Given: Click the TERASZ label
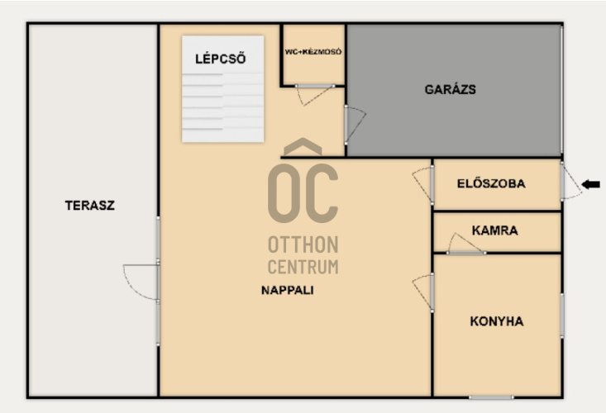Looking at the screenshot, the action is tap(89, 206).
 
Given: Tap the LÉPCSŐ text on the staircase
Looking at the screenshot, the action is tap(220, 59).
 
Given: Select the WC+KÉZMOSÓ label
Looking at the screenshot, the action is tap(313, 51).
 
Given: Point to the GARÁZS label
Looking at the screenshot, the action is tap(451, 89).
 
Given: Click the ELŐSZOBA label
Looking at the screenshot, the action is tap(491, 183).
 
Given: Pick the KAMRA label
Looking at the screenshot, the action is tap(494, 230).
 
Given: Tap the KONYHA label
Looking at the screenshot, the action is tap(497, 321).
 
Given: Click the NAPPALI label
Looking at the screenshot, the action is tap(287, 290).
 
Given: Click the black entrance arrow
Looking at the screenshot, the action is tap(591, 184).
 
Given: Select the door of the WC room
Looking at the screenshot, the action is tap(315, 94).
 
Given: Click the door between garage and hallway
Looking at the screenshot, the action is tap(355, 124).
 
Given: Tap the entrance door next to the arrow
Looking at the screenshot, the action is tap(570, 182).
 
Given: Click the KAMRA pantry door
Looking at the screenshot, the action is tap(466, 244).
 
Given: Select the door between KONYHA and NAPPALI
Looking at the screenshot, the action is tap(423, 292).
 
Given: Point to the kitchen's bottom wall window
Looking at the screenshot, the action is tap(491, 397).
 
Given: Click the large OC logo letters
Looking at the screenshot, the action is tap(303, 193).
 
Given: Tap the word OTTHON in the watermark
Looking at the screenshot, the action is tap(303, 244).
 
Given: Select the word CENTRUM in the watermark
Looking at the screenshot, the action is tap(303, 267).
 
